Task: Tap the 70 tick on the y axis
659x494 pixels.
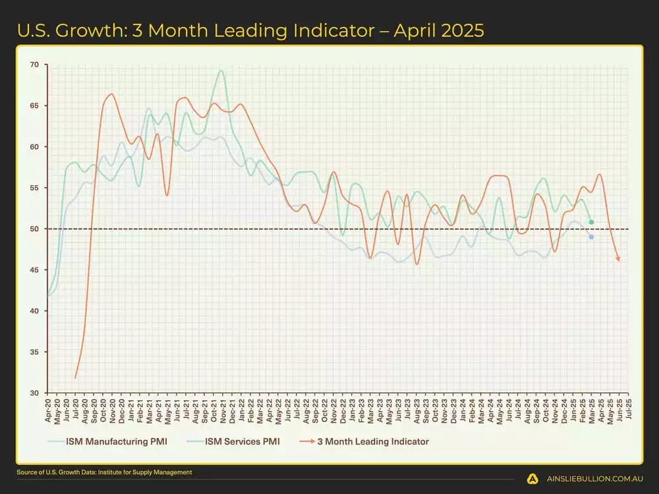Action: point(34,65)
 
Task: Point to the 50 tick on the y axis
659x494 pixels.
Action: point(34,229)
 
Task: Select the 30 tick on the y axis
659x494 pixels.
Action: point(34,393)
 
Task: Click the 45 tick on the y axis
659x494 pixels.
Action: point(34,270)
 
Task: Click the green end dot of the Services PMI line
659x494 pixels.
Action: point(591,222)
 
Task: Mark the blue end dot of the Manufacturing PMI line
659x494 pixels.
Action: point(591,236)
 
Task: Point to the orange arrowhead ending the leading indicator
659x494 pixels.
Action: point(618,260)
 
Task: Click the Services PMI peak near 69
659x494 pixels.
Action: point(221,71)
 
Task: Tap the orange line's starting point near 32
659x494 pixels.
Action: point(76,377)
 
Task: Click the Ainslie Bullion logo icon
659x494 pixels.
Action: point(531,478)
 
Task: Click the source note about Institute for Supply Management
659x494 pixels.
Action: point(105,472)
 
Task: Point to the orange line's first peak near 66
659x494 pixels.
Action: point(111,94)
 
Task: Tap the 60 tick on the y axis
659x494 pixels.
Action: point(34,147)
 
